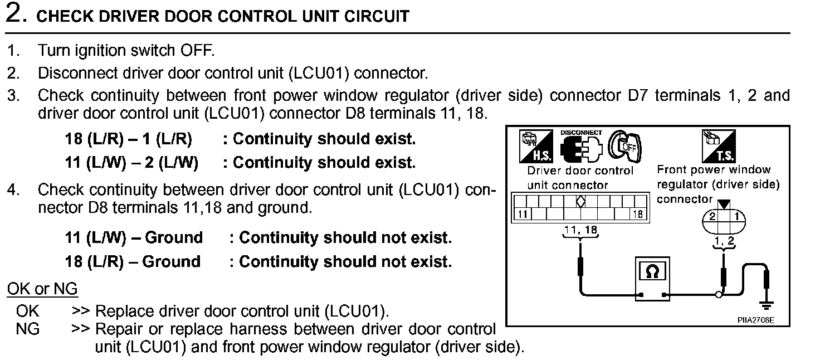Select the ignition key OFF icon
pos(625,146)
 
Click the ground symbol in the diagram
pos(767,305)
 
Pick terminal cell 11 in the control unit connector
pos(521,214)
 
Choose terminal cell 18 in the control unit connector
pos(638,214)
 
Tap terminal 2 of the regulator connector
pos(713,216)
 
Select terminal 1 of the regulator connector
pos(735,216)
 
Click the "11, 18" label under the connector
pos(580,229)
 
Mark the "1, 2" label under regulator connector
pos(724,240)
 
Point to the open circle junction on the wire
pos(719,294)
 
